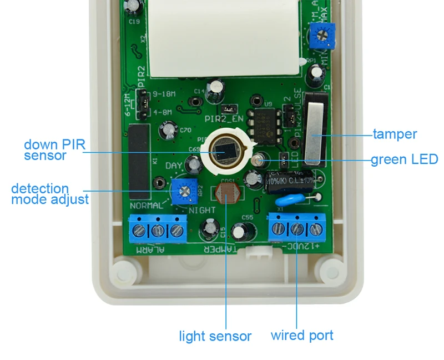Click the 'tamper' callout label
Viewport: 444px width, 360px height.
(395, 134)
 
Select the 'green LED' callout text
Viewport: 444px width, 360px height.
(404, 160)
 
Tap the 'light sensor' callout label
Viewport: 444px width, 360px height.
(215, 336)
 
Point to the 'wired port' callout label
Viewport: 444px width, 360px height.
(302, 335)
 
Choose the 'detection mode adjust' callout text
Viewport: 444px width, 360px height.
(49, 193)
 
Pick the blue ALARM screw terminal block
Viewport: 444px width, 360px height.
(158, 228)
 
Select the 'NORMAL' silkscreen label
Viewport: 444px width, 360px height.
(146, 206)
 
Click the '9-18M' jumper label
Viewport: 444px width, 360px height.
(162, 94)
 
